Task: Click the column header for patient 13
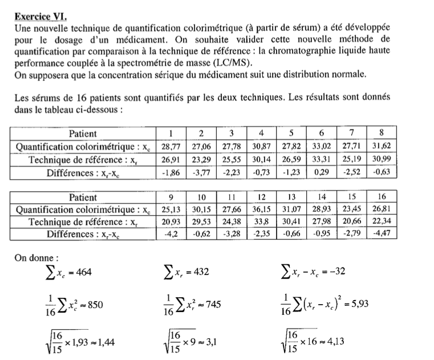(291, 197)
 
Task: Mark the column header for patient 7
(352, 134)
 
